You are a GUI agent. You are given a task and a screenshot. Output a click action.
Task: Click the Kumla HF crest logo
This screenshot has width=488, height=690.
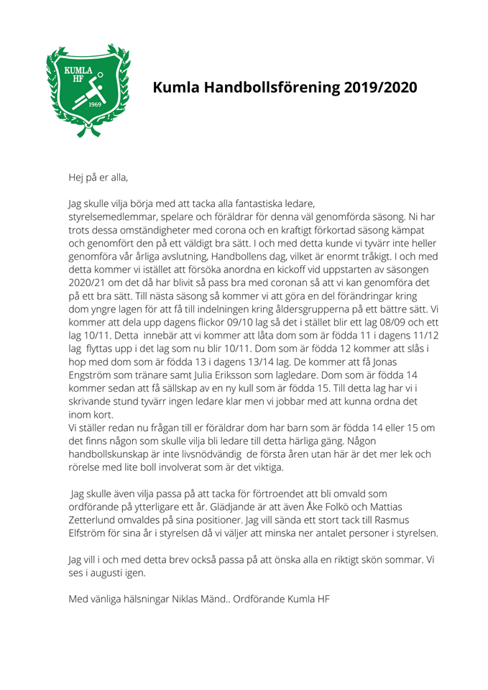87,89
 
